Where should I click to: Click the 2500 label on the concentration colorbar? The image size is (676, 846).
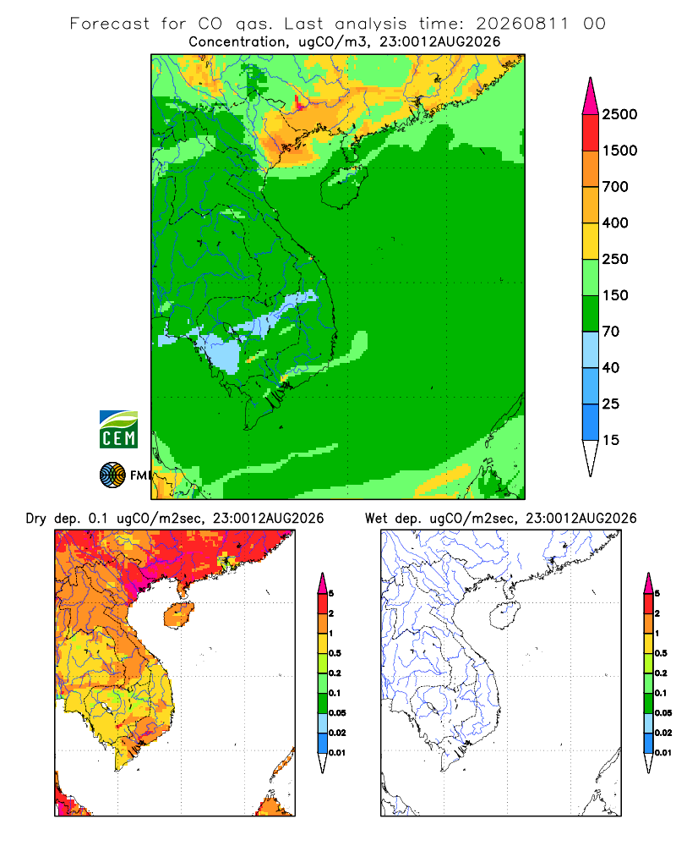pos(619,114)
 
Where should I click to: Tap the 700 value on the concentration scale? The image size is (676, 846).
pos(615,187)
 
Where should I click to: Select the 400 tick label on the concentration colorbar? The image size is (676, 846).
pos(615,222)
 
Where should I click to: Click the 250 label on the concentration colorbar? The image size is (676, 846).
pos(615,259)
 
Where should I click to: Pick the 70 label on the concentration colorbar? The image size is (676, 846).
pos(611,332)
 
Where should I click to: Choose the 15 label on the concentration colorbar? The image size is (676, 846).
pos(611,440)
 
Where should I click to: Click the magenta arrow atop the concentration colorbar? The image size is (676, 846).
pos(591,96)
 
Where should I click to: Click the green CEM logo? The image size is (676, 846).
pos(118,430)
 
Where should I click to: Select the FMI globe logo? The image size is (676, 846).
pos(112,475)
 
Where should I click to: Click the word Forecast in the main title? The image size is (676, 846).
pos(110,24)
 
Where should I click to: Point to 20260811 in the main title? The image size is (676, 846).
pos(522,24)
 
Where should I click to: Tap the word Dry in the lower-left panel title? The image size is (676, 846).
pos(36,519)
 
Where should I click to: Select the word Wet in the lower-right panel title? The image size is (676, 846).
pos(376,519)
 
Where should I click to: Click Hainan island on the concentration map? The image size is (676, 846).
pos(343,187)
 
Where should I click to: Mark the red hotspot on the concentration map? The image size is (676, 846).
pos(298,102)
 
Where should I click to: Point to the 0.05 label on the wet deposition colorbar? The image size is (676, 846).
pos(663,712)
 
